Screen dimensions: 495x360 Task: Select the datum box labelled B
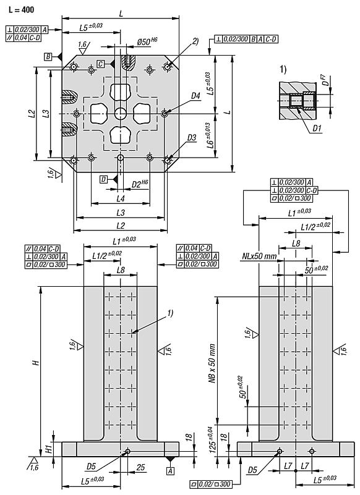(48, 57)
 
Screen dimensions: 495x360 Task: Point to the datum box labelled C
(100, 64)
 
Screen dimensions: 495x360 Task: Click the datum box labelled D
(103, 179)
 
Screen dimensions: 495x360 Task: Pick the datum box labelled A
(169, 471)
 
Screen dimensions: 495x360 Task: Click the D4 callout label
(195, 96)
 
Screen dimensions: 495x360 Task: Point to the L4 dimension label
(121, 198)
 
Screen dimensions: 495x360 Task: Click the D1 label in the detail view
(315, 129)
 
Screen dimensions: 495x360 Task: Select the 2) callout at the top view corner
(195, 41)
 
